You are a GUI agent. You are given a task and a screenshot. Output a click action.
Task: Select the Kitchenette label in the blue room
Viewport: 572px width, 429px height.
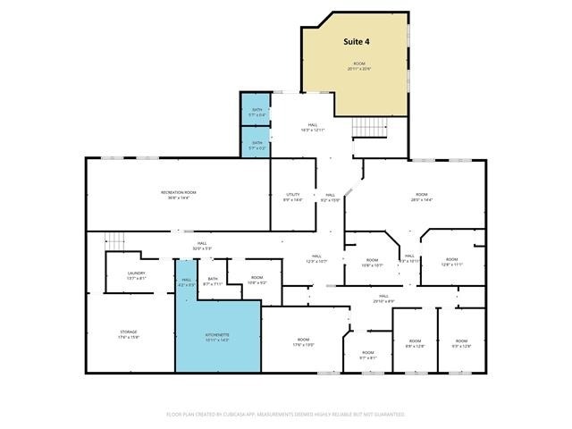point(217,337)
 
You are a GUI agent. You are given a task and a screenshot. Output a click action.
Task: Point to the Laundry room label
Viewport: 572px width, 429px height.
point(136,275)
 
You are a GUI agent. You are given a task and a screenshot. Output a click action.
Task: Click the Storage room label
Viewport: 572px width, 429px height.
point(129,333)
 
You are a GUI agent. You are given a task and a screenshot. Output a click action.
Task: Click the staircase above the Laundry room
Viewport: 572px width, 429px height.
point(114,241)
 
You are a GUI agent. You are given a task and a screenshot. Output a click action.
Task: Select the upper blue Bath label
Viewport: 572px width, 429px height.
point(257,111)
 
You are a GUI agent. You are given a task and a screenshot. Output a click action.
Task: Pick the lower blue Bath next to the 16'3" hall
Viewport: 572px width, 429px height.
point(257,145)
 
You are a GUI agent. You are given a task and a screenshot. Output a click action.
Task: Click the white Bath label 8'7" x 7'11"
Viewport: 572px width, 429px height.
point(213,281)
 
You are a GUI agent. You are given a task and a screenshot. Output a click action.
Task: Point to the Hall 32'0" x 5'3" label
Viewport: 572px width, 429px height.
point(203,245)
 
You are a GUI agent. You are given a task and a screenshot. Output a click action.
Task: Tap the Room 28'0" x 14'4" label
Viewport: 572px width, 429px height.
point(421,197)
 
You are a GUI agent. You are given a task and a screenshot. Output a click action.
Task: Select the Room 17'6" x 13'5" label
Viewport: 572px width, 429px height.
point(304,341)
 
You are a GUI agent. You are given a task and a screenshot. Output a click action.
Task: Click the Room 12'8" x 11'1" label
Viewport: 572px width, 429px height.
point(451,262)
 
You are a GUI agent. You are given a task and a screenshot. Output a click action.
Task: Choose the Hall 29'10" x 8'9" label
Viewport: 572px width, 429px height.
point(383,298)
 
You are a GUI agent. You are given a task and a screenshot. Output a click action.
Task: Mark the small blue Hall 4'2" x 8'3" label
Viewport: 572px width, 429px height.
point(186,282)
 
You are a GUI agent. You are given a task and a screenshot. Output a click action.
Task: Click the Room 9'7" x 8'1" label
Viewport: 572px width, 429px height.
point(367,355)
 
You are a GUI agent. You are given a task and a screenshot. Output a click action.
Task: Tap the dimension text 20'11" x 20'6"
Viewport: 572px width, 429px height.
point(359,68)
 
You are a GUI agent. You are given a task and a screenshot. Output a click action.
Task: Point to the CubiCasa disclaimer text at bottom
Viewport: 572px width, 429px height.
point(286,415)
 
